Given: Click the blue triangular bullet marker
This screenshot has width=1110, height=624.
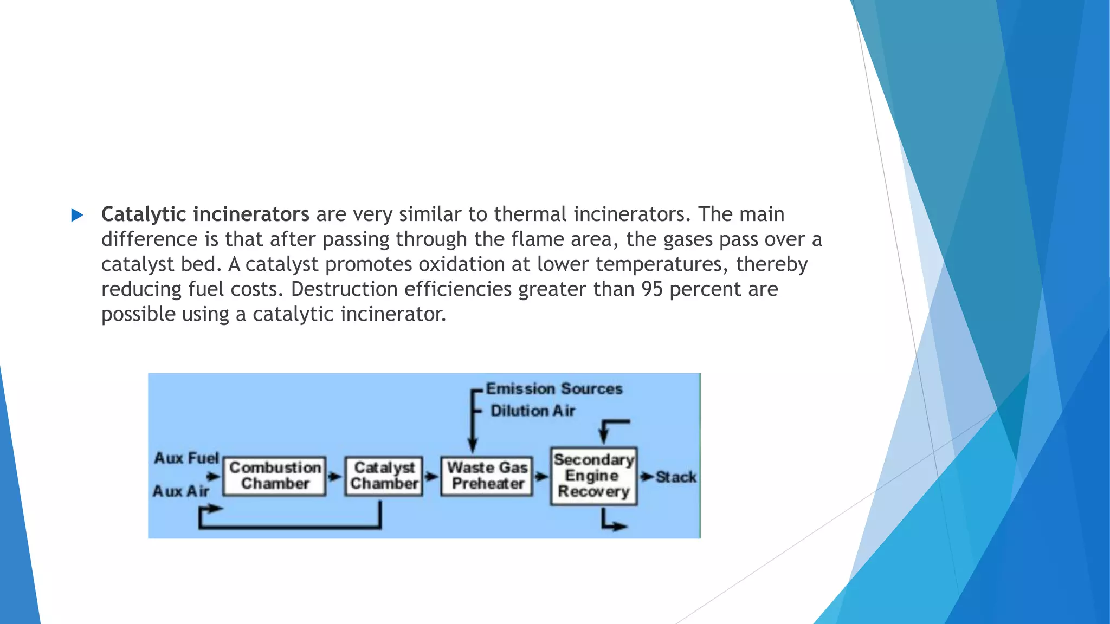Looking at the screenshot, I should pyautogui.click(x=77, y=216).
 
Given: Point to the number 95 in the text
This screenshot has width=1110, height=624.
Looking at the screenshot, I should pyautogui.click(x=652, y=289).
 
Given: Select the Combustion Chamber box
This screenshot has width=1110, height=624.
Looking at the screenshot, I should pyautogui.click(x=275, y=476).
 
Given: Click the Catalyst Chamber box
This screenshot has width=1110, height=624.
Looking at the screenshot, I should pyautogui.click(x=384, y=476).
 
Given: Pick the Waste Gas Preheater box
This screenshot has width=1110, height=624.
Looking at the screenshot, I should pyautogui.click(x=487, y=476).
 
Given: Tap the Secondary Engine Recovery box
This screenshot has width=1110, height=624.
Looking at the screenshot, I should pyautogui.click(x=593, y=476).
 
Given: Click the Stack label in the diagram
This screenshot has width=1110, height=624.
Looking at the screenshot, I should pyautogui.click(x=676, y=477).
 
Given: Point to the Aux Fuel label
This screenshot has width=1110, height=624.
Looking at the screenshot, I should pyautogui.click(x=186, y=458).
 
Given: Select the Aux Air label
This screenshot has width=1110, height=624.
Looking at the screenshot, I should pyautogui.click(x=180, y=491).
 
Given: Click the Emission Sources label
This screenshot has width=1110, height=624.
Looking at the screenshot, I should pyautogui.click(x=554, y=389).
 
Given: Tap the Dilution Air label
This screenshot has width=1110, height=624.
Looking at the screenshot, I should pyautogui.click(x=533, y=411).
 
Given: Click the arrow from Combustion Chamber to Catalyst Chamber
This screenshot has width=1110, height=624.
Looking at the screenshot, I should pyautogui.click(x=335, y=477).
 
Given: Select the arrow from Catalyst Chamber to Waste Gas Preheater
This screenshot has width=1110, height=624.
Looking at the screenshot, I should pyautogui.click(x=431, y=477).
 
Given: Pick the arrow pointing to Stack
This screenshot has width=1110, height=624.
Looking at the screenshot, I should pyautogui.click(x=646, y=477).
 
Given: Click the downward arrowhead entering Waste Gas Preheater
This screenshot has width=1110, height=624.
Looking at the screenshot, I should pyautogui.click(x=473, y=445).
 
